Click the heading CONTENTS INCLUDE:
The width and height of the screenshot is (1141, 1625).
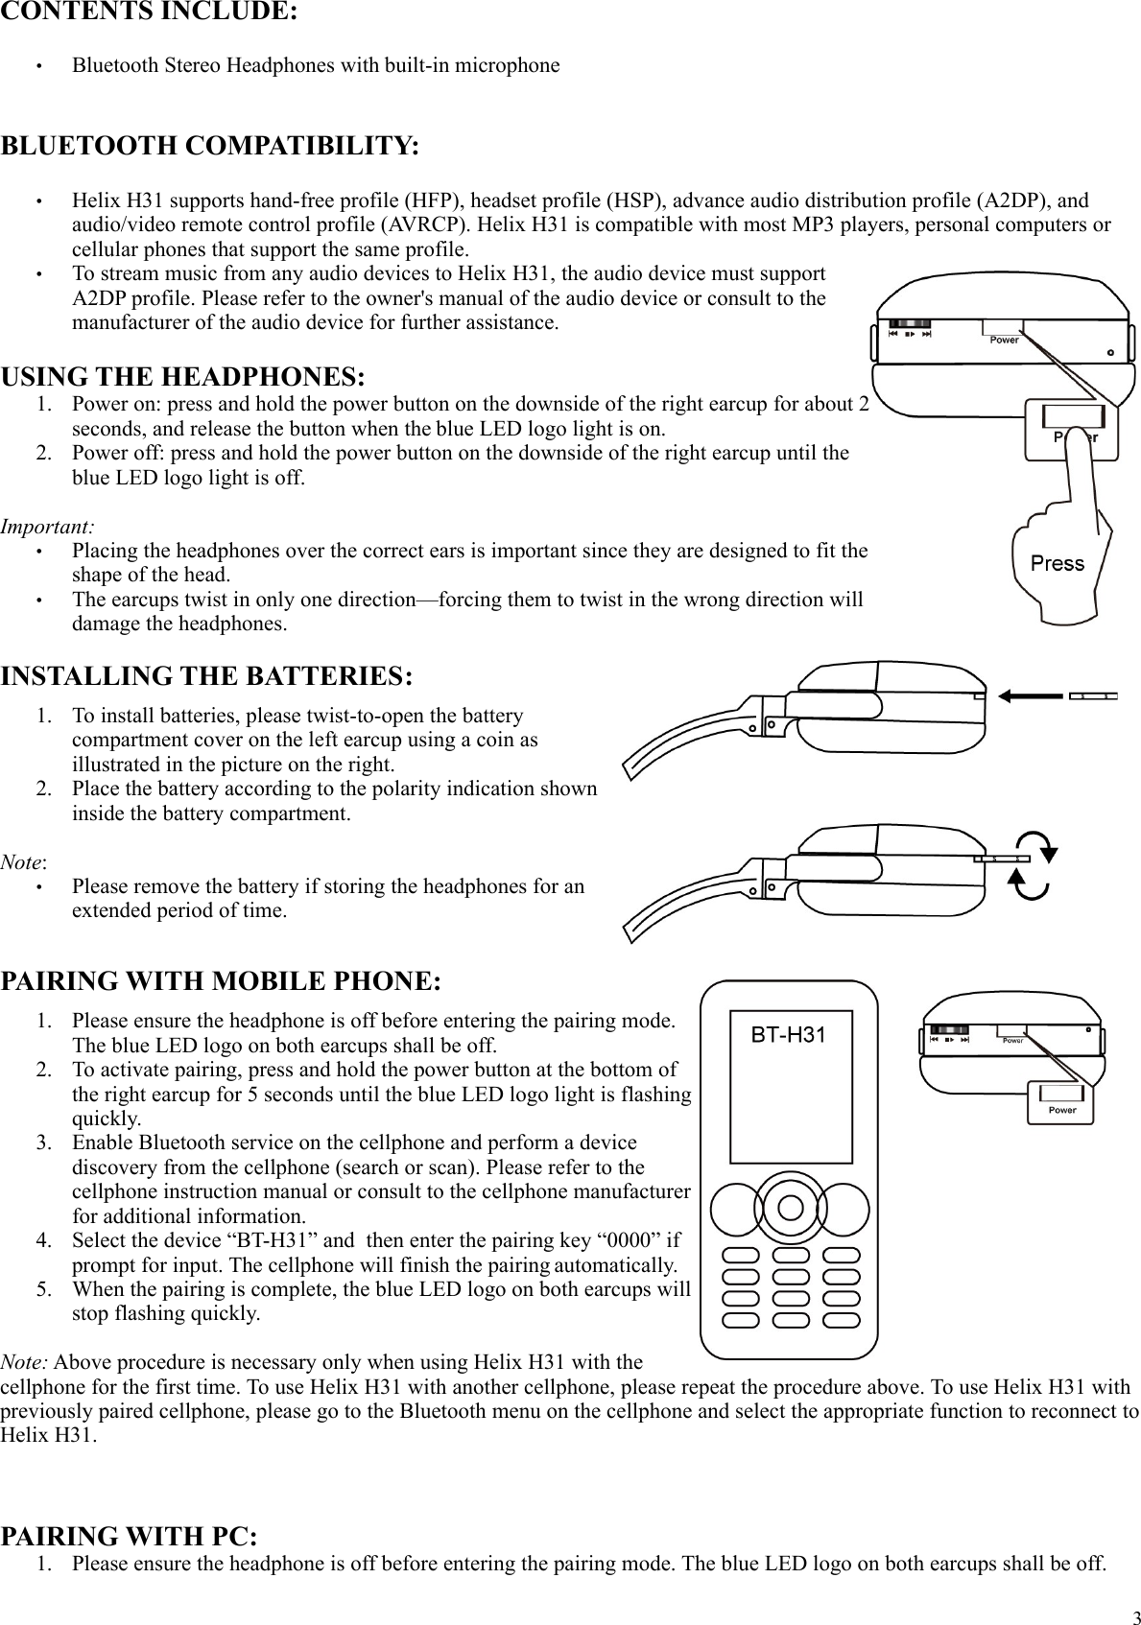click(x=149, y=12)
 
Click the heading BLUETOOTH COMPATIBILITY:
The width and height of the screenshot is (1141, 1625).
click(x=210, y=147)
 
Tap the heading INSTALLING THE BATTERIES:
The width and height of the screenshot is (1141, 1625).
click(x=207, y=676)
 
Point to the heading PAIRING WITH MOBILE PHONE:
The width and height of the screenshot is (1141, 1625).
click(x=221, y=981)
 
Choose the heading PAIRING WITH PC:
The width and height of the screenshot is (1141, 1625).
click(x=129, y=1536)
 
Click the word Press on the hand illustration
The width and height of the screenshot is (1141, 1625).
click(x=1057, y=563)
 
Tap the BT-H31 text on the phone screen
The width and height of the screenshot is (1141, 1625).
click(x=788, y=1035)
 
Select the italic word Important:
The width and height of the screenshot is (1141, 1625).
click(x=47, y=527)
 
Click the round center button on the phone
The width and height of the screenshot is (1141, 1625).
click(x=789, y=1207)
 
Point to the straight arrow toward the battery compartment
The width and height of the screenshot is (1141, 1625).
click(x=1031, y=695)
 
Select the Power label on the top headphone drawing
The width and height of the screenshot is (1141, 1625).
click(x=1004, y=340)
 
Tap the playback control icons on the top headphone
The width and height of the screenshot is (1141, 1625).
click(x=909, y=335)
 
